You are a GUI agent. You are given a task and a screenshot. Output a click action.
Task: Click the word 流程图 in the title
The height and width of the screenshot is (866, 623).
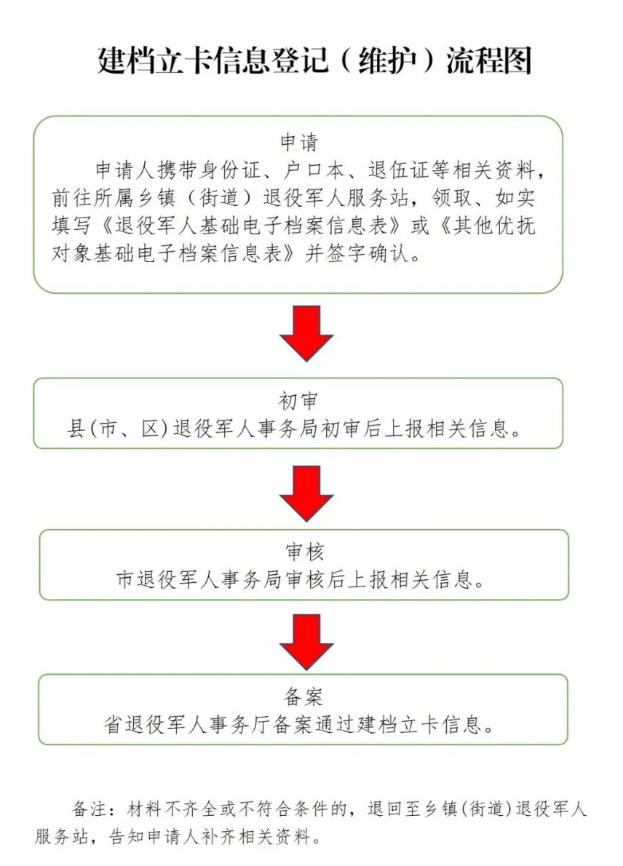(489, 60)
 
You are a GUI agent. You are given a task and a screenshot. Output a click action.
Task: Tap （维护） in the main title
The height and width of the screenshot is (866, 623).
(386, 60)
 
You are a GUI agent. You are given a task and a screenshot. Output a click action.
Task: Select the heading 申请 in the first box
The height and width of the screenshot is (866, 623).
(299, 142)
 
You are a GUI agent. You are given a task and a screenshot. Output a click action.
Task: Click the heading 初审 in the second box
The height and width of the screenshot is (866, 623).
(298, 401)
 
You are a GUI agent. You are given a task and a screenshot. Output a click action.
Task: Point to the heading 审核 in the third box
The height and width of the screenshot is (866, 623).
(304, 551)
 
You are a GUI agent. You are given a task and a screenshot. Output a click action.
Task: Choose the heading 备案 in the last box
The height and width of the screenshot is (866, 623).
(303, 696)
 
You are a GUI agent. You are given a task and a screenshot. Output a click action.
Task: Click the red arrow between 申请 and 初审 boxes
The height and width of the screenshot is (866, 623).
(306, 333)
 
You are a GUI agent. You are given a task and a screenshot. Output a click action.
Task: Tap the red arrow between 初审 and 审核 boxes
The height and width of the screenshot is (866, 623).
(306, 493)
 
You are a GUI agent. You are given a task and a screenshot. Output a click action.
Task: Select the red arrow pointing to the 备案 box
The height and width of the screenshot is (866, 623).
(306, 642)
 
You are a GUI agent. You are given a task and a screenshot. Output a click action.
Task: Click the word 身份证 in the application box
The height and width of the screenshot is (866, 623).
(230, 170)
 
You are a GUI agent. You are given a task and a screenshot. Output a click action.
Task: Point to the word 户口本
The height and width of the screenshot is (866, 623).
(314, 170)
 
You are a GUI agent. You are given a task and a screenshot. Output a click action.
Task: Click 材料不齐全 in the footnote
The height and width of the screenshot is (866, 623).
(172, 809)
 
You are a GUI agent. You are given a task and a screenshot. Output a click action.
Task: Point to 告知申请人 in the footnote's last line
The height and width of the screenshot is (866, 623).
(154, 836)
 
